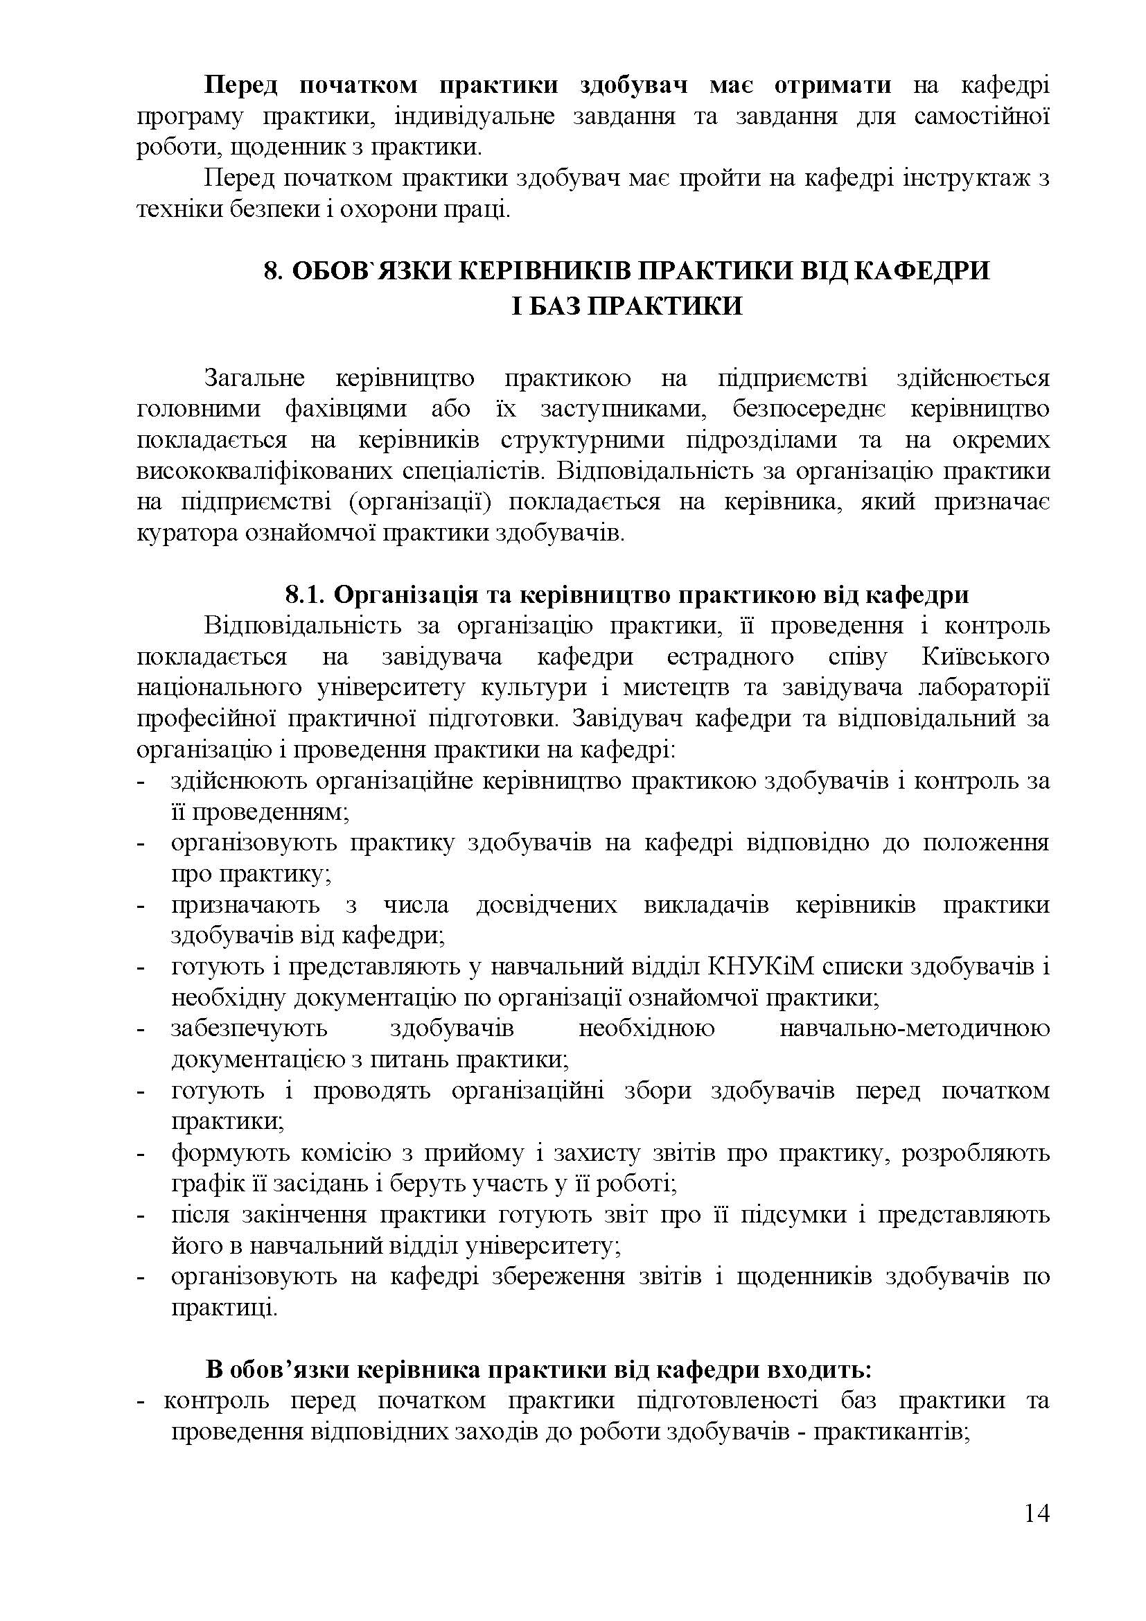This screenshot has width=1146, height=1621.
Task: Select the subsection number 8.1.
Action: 304,595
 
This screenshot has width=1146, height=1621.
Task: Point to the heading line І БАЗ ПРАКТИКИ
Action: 626,306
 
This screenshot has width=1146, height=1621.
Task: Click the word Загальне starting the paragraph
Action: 254,378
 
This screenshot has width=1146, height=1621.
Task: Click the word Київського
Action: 985,656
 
